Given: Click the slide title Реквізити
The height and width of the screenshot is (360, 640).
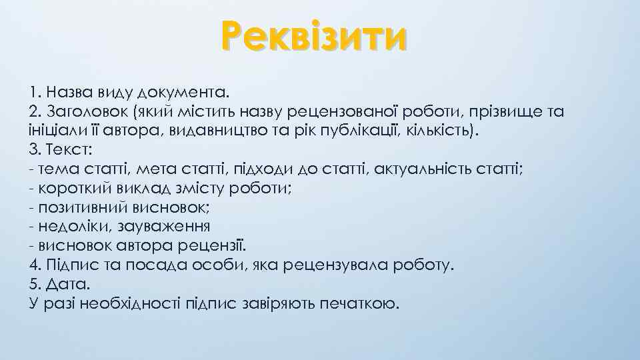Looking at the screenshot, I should click(x=313, y=37).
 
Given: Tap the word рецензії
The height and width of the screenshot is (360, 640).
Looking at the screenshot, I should click(x=216, y=246).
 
